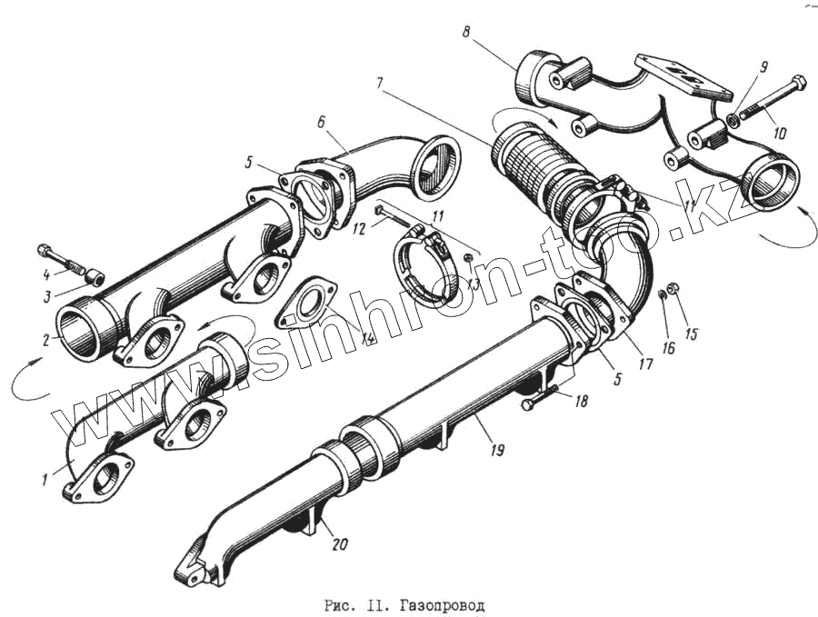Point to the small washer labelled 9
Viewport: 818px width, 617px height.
pos(732,120)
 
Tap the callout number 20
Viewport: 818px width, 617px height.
pos(338,545)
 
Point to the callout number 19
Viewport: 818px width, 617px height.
pos(497,449)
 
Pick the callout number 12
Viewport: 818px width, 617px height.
pos(360,231)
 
